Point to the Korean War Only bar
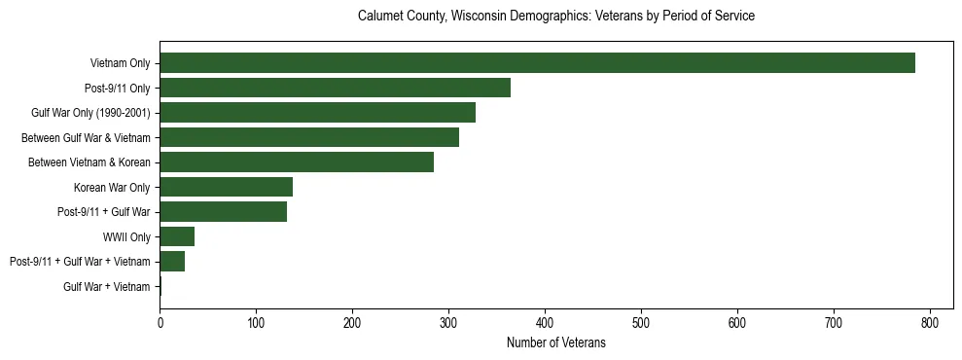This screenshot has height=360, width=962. [x=226, y=187]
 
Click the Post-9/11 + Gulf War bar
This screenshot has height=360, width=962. [x=223, y=212]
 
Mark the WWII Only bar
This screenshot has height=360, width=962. [x=177, y=236]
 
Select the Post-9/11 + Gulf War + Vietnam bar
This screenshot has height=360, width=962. [x=172, y=261]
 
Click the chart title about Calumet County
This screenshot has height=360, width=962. [x=556, y=17]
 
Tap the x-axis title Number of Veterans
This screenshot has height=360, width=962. [x=556, y=342]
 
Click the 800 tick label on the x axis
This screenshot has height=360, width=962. [x=930, y=322]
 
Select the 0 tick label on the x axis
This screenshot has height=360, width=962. [x=160, y=322]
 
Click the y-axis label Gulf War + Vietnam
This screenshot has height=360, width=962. [x=107, y=286]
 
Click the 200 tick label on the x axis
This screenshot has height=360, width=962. [x=352, y=322]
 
